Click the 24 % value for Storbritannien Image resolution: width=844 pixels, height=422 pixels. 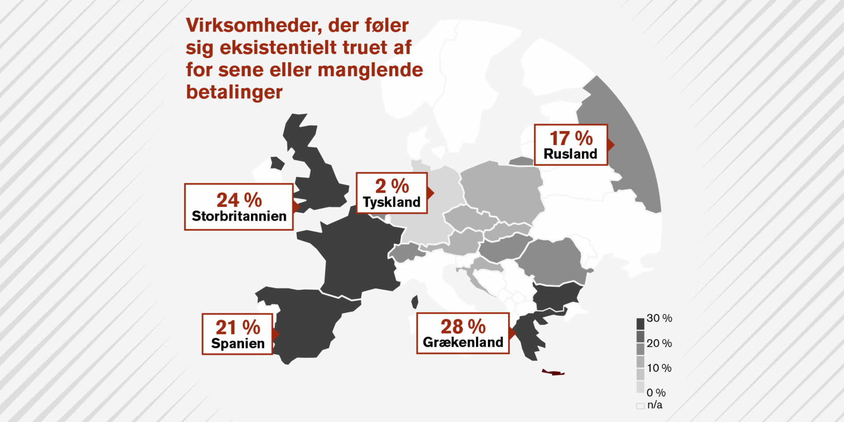239,200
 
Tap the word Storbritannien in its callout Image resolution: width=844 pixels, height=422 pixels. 239,216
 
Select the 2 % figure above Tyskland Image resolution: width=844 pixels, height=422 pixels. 392,186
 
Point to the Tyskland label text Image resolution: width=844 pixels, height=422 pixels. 392,202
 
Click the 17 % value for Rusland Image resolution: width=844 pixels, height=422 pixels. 571,138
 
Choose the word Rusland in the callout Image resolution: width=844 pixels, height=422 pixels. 571,154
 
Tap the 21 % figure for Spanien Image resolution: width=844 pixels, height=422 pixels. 238,327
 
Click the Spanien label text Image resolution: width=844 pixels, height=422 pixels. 238,343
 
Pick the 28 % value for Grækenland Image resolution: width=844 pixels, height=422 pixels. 463,327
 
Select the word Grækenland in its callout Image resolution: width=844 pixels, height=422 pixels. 463,342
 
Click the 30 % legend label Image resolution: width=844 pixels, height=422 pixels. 659,318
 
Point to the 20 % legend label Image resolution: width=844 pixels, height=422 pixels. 659,343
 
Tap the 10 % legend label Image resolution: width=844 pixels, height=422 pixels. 659,368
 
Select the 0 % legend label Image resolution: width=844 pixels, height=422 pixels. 656,393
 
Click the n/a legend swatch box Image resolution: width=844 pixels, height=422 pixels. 640,406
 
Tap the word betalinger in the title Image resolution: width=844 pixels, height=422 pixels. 234,92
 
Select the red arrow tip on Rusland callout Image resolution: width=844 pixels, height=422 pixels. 611,144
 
